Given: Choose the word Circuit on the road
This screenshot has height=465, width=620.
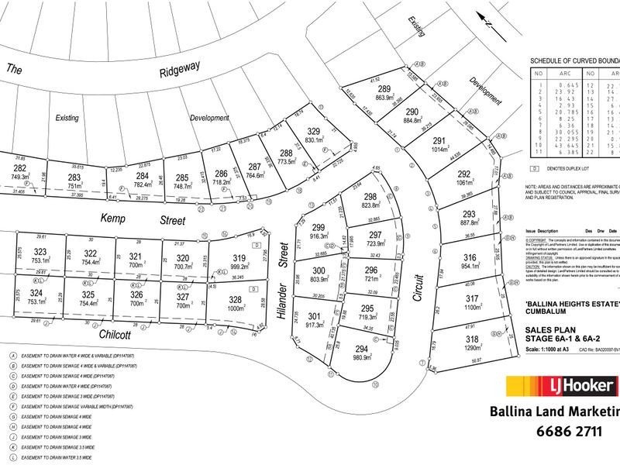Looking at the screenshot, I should tap(416, 268).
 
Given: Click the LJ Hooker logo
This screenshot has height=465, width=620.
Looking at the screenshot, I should tap(561, 386).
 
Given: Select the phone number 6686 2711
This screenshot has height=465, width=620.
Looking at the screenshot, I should tap(570, 432).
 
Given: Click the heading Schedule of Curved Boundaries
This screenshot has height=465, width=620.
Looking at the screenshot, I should tap(574, 60).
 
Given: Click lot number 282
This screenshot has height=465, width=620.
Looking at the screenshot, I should tap(19, 168).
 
